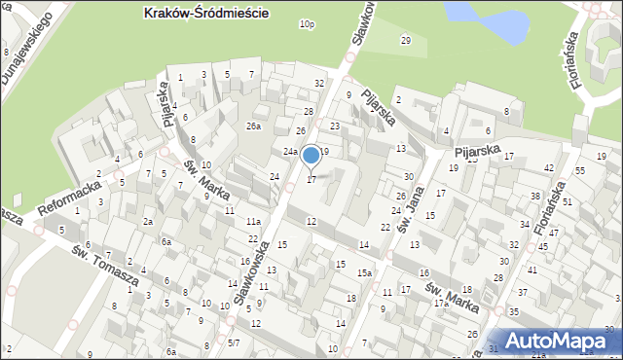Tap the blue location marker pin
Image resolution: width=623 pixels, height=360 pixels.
pos(311,156)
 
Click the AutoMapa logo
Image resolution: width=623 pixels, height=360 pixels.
pos(558,341)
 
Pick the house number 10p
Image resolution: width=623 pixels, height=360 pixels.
pos(308,24)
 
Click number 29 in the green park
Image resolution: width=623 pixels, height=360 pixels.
pos(405,40)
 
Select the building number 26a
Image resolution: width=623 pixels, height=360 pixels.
pos(254,126)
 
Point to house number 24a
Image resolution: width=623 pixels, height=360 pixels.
pos(290,152)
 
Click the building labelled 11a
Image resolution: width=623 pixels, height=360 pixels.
pos(253,222)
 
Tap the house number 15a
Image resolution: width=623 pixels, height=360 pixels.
pos(363,273)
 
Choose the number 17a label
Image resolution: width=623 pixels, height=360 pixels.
pos(441,304)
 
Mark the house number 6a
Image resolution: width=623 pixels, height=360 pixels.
pos(166,241)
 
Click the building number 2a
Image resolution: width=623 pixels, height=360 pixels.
pos(148,222)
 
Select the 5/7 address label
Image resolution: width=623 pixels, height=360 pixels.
pos(234,343)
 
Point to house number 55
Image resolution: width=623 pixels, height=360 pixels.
pos(580,171)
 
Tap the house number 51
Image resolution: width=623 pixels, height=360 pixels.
pos(567,201)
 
